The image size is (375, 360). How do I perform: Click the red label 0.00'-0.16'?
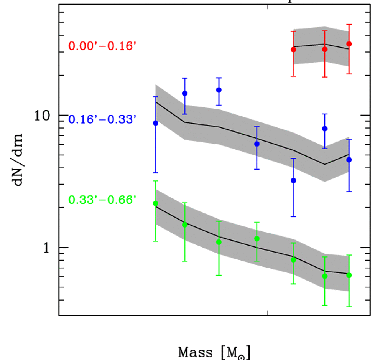tap(102, 46)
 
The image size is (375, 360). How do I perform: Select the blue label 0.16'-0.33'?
tap(102, 119)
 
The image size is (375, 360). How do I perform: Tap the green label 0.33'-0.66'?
tap(102, 200)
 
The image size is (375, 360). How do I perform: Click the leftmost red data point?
tap(294, 50)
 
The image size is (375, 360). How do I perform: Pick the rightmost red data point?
tap(349, 44)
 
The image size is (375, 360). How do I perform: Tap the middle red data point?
tap(325, 49)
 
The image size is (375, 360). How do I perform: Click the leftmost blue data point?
tap(156, 123)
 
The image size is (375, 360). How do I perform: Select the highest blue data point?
tap(219, 90)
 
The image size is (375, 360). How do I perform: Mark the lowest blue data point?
tap(294, 180)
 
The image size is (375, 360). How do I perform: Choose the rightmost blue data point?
tap(349, 160)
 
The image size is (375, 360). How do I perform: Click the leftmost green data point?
tap(156, 203)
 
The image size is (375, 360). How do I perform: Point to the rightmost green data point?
tap(349, 275)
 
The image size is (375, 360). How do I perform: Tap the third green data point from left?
tap(219, 242)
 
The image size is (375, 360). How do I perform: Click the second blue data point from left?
tap(184, 93)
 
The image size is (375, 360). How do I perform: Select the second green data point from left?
tap(184, 225)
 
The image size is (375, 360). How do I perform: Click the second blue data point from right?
tap(325, 129)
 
